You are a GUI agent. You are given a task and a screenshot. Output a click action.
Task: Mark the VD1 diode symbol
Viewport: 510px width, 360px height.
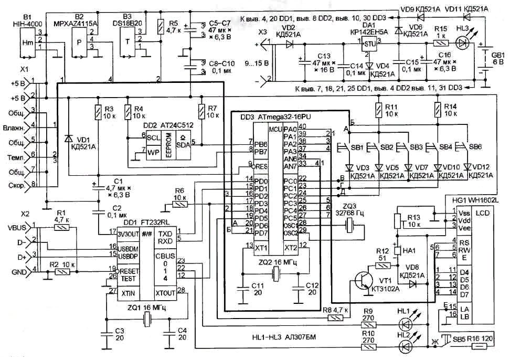click(68, 139)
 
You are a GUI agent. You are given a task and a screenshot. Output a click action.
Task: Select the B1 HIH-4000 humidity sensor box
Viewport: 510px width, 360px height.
click(27, 43)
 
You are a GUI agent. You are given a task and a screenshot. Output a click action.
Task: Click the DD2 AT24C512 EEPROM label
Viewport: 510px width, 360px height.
click(153, 125)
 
